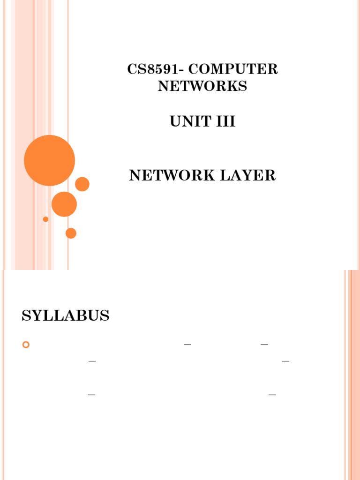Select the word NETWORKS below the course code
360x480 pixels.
[x=202, y=86]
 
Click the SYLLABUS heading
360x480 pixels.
[x=66, y=316]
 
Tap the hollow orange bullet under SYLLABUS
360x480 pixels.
[x=26, y=345]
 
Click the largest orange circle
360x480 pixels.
[x=49, y=160]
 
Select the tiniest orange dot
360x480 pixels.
[x=45, y=219]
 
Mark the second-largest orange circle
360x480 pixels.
[x=64, y=204]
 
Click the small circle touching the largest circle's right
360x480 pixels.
[x=82, y=184]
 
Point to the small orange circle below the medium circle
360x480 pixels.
[x=71, y=233]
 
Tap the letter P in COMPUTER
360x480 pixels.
[x=230, y=69]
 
